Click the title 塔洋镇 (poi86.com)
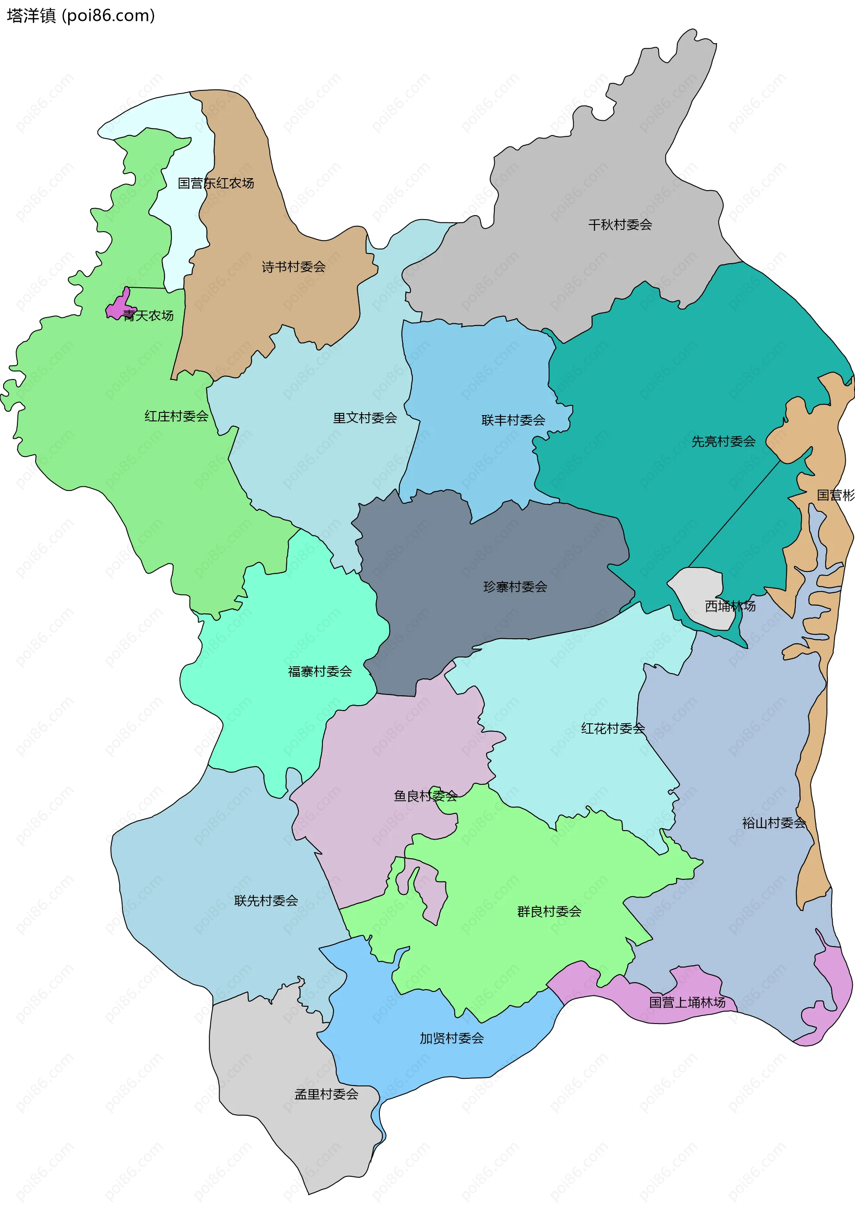(x=81, y=16)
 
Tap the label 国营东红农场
(x=216, y=184)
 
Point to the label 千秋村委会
(x=620, y=225)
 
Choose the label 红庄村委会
(x=176, y=416)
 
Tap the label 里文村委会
(x=365, y=418)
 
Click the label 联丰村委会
(x=513, y=420)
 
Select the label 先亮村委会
(x=723, y=441)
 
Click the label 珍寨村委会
(x=515, y=587)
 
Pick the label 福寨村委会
(x=320, y=672)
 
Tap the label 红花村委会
(x=612, y=729)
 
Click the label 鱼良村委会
(x=425, y=796)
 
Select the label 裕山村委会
(x=774, y=823)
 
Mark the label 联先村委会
(x=266, y=901)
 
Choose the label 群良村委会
(x=549, y=912)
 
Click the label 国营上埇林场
(x=687, y=1002)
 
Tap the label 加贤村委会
(x=452, y=1038)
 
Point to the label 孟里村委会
(x=326, y=1094)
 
